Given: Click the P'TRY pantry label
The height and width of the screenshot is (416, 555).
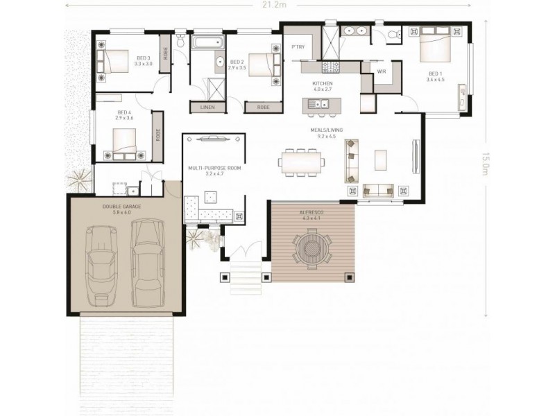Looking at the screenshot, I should [299, 47].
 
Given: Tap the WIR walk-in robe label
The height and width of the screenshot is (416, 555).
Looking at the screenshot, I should [381, 71].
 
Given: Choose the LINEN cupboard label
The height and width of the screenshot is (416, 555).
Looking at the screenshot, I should [207, 107].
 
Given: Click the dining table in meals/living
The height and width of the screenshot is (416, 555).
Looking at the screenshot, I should [302, 163].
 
